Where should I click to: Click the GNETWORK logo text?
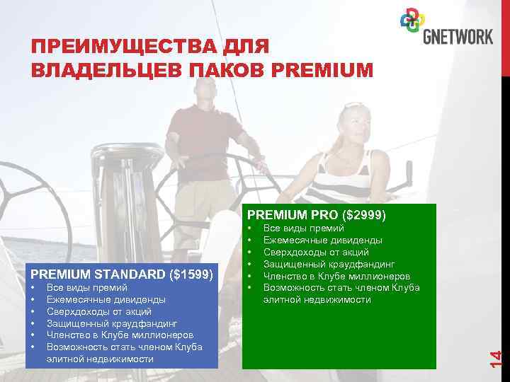pyautogui.click(x=458, y=36)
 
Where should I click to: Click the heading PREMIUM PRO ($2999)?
pyautogui.click(x=316, y=214)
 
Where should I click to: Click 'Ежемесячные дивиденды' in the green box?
pyautogui.click(x=322, y=240)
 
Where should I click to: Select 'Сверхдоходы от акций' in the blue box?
pyautogui.click(x=99, y=311)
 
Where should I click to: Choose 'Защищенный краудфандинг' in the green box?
pyautogui.click(x=329, y=264)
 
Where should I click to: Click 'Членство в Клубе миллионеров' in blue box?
pyautogui.click(x=117, y=335)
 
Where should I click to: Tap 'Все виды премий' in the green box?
pyautogui.click(x=303, y=228)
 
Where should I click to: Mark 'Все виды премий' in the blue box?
pyautogui.click(x=86, y=287)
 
